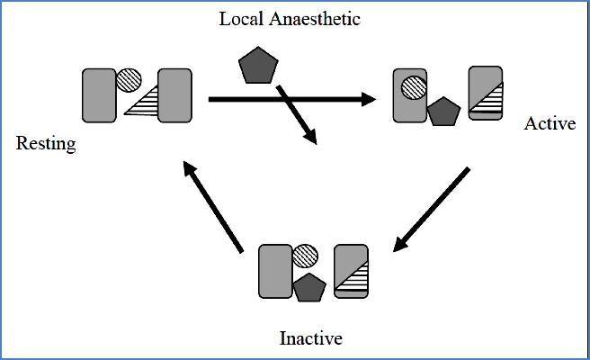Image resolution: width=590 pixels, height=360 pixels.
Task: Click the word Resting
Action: point(45,144)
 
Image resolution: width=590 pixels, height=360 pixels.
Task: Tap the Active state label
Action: point(549,123)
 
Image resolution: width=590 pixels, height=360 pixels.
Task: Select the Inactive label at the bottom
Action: point(311,339)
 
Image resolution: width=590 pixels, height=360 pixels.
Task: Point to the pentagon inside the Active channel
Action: point(442,112)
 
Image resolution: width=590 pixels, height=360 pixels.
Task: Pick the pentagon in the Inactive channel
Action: point(308,287)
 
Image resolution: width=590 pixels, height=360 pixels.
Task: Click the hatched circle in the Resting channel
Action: point(130,80)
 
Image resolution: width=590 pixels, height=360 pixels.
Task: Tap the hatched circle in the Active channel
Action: point(414,87)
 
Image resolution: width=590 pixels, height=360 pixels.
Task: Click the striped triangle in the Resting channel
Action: point(144,103)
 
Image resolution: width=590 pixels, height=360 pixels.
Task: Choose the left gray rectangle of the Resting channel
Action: point(99,95)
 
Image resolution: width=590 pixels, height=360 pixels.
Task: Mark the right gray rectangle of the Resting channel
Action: point(175,95)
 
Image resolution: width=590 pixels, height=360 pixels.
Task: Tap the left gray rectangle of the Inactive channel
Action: point(276,270)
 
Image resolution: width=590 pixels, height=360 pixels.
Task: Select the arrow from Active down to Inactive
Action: point(431,210)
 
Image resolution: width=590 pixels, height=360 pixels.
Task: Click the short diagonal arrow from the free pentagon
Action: point(298,114)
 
